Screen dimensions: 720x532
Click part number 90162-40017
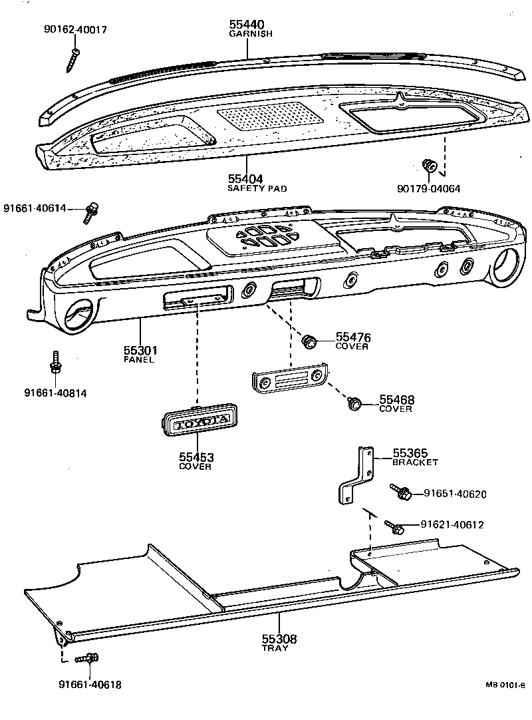pyautogui.click(x=74, y=30)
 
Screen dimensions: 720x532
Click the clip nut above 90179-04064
pyautogui.click(x=430, y=165)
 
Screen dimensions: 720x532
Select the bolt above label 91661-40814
pyautogui.click(x=55, y=364)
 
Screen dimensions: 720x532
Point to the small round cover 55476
pyautogui.click(x=309, y=342)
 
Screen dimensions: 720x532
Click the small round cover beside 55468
pyautogui.click(x=355, y=403)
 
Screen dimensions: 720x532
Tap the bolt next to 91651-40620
pyautogui.click(x=402, y=493)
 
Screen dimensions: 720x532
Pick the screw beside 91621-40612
pyautogui.click(x=395, y=526)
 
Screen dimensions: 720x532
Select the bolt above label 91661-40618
pyautogui.click(x=86, y=659)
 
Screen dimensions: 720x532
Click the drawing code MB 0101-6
pyautogui.click(x=504, y=685)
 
